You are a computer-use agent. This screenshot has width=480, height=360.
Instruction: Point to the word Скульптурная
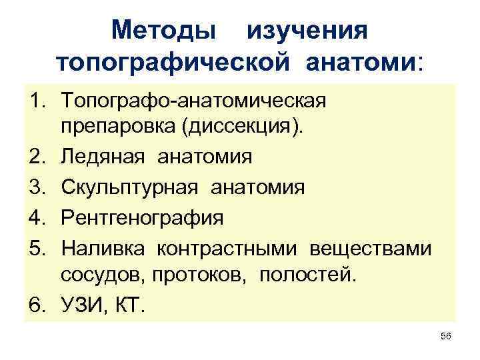coord(130,187)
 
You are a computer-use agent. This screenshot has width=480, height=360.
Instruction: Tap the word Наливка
coord(103,249)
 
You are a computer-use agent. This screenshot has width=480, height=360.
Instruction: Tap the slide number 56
coord(446,337)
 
